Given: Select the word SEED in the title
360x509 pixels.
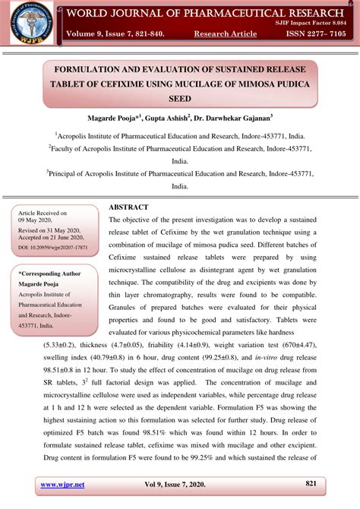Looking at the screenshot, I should [x=180, y=99].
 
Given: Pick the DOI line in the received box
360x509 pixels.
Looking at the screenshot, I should [x=49, y=247].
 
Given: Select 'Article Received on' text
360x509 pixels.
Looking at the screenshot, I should [x=43, y=214].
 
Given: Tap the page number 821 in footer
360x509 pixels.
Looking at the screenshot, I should [x=311, y=483].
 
